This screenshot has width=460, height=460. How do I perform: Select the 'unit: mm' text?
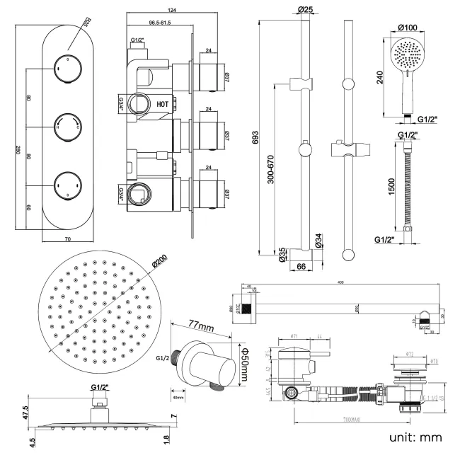(x=415, y=437)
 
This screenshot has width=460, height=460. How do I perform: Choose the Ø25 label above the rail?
(x=306, y=10)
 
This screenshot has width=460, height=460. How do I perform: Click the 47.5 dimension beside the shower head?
(x=25, y=413)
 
